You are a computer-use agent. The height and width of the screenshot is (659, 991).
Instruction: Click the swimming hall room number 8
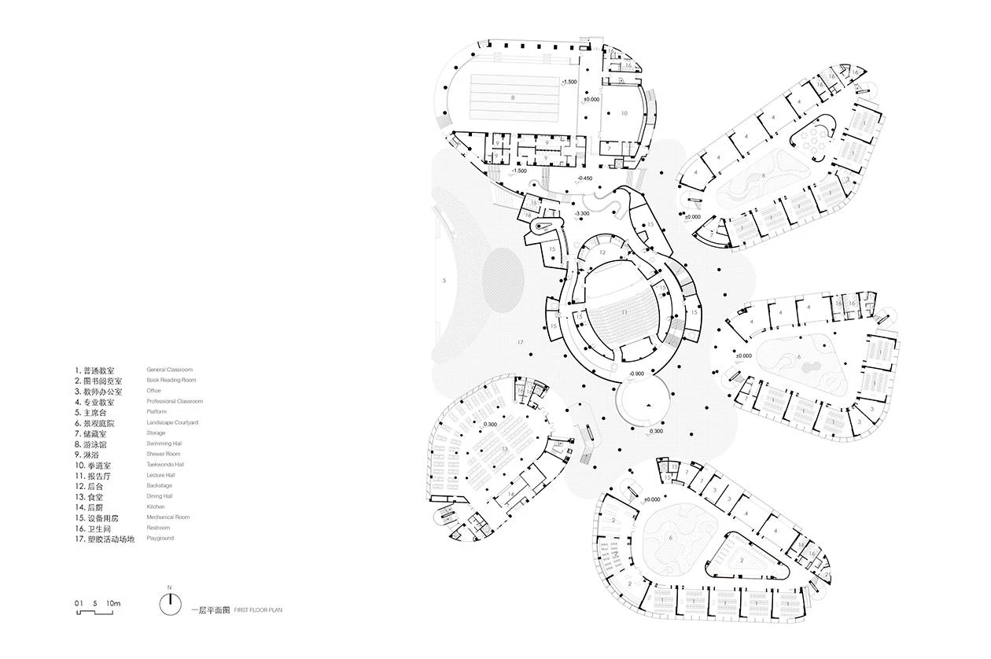point(512,98)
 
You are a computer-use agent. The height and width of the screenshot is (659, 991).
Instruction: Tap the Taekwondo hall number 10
point(624,113)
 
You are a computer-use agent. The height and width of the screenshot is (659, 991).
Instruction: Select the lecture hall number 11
point(625,312)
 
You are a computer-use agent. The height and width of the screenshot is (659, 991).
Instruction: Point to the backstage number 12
point(602,252)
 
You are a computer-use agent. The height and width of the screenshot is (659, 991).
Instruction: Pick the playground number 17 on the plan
point(520,343)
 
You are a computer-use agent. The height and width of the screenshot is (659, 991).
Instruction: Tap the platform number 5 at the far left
point(444,280)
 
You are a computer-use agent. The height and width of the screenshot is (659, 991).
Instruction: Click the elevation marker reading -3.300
point(583,213)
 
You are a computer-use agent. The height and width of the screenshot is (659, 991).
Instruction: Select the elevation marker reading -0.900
point(637,374)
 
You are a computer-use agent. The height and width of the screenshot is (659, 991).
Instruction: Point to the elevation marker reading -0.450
point(584,179)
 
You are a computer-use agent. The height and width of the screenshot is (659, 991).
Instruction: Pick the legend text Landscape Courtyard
point(171,422)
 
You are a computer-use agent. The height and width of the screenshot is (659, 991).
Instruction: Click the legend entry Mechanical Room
point(168,517)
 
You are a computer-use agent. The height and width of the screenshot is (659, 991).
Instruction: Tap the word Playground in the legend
point(160,539)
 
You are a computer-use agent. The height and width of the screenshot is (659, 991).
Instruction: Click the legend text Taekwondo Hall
point(165,465)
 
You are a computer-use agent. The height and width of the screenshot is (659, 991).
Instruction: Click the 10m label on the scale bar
point(114,603)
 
